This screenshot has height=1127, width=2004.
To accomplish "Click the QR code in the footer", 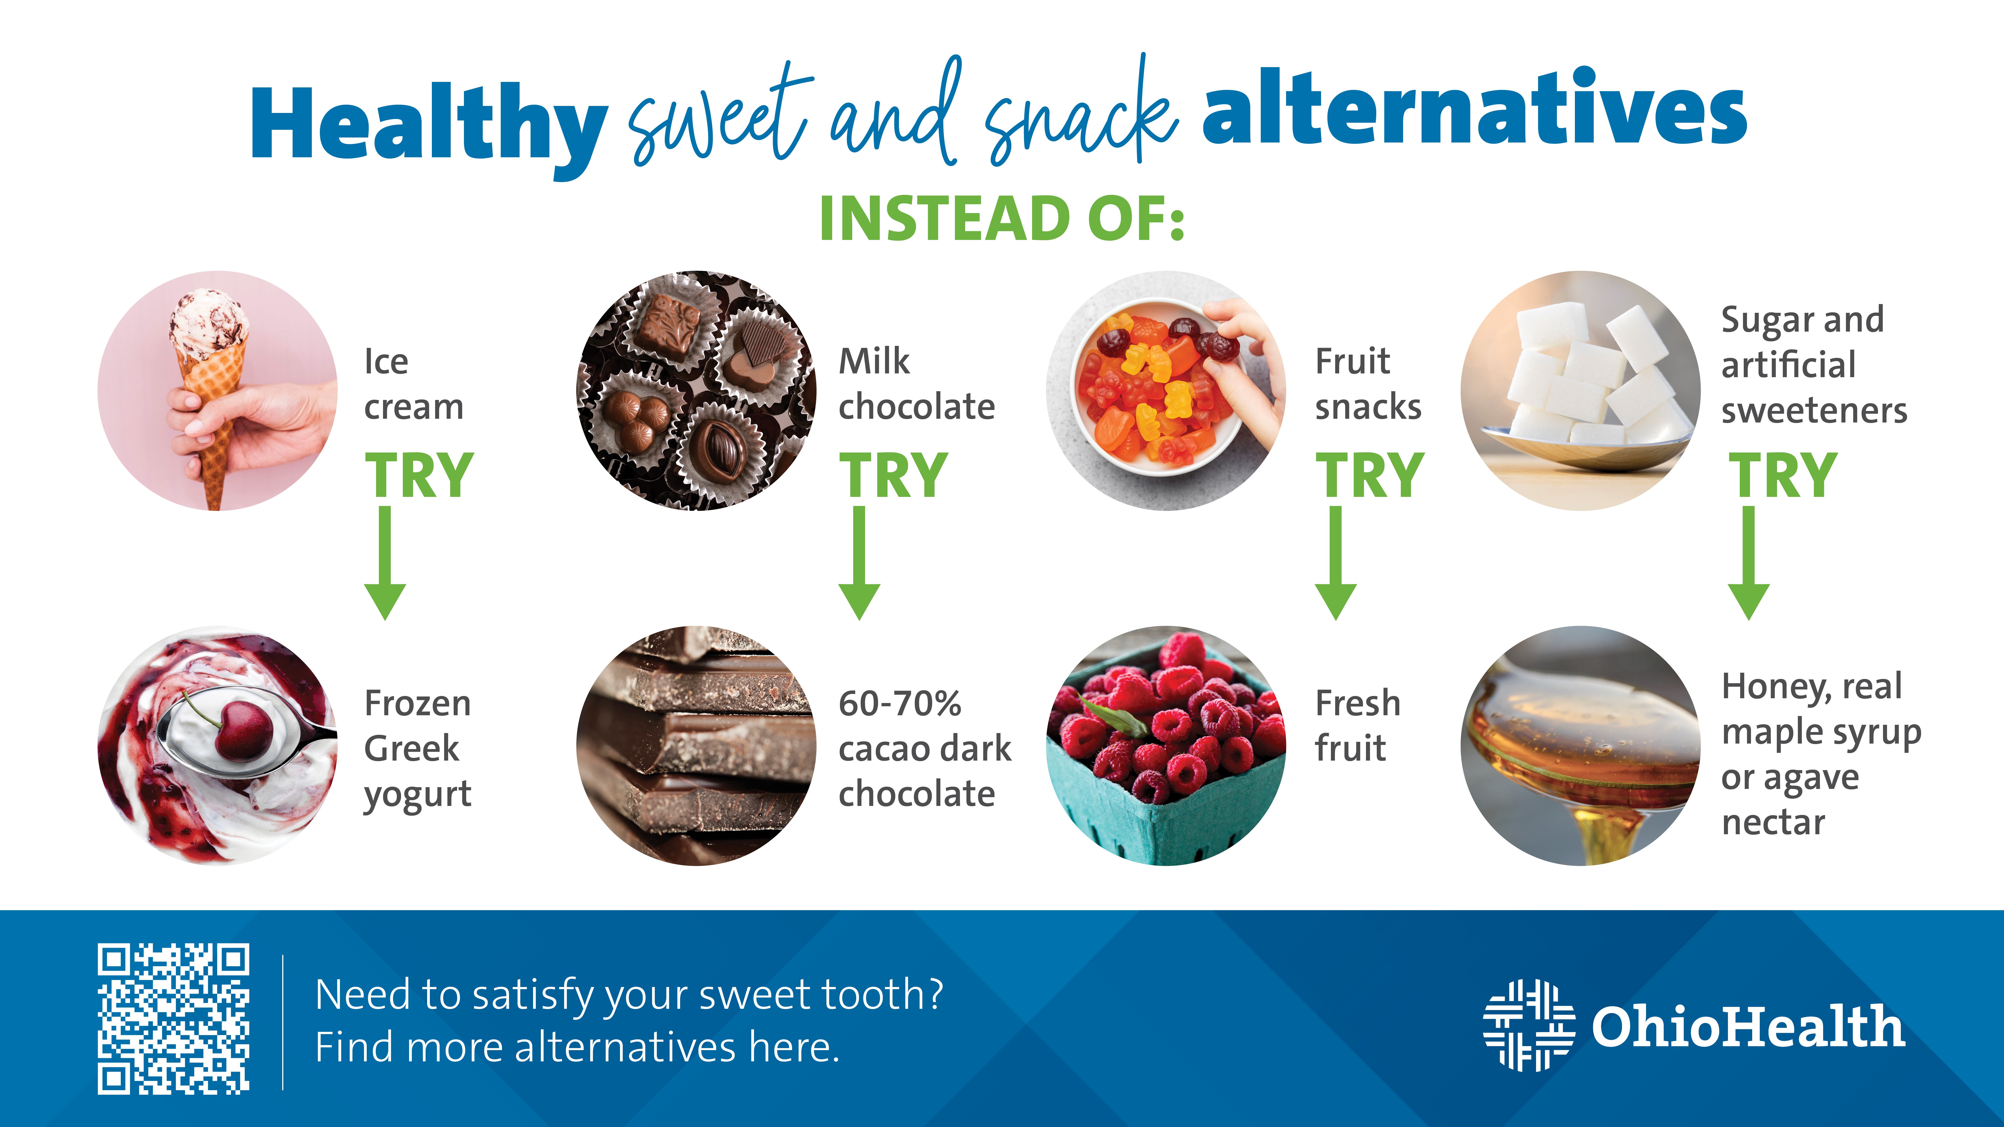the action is click(x=174, y=1019).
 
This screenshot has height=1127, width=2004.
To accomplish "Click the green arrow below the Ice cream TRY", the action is click(x=385, y=563).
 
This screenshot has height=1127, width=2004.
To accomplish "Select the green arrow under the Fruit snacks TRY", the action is click(x=1336, y=563).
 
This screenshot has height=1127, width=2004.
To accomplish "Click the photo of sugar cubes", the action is click(x=1581, y=390).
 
